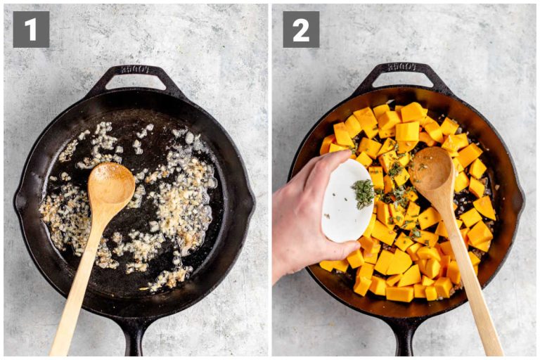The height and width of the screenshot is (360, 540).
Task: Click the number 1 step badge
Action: [x=31, y=29]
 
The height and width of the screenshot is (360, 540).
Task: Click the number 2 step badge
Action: [x=301, y=29]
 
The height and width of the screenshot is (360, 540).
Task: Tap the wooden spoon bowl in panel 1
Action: [x=112, y=184]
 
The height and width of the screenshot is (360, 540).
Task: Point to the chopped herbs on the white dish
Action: [x=364, y=193]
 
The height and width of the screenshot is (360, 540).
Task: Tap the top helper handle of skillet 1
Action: [x=135, y=74]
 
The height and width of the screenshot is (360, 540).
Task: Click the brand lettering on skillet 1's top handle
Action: [x=135, y=69]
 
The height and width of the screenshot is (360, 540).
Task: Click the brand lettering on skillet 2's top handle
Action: [x=403, y=67]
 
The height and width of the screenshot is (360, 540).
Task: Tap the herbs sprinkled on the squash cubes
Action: [x=398, y=172]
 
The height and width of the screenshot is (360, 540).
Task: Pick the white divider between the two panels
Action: [x=270, y=180]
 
